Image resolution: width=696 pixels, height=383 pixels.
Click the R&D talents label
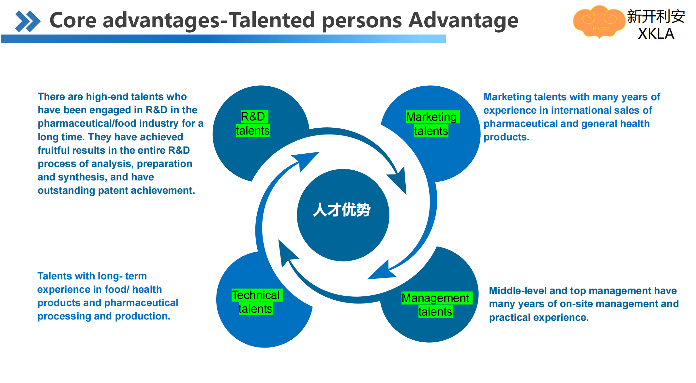(253, 123)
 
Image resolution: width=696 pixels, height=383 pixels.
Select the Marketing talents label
(431, 124)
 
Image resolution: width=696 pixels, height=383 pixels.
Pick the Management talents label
(435, 305)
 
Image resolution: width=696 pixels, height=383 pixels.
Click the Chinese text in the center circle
(342, 210)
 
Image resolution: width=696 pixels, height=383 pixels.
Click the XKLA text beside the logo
(656, 34)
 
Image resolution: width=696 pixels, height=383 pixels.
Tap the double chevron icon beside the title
(28, 21)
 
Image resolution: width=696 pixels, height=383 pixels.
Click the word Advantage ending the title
(463, 20)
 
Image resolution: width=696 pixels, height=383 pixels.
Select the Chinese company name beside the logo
(656, 16)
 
